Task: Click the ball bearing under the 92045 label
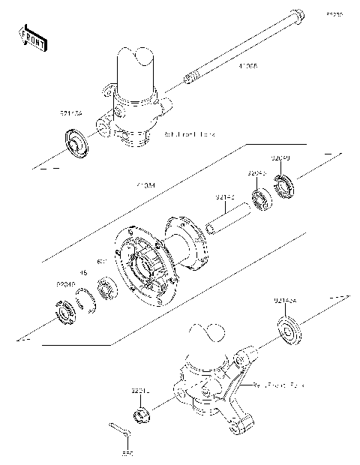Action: click(261, 201)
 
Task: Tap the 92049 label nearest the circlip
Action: click(66, 285)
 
